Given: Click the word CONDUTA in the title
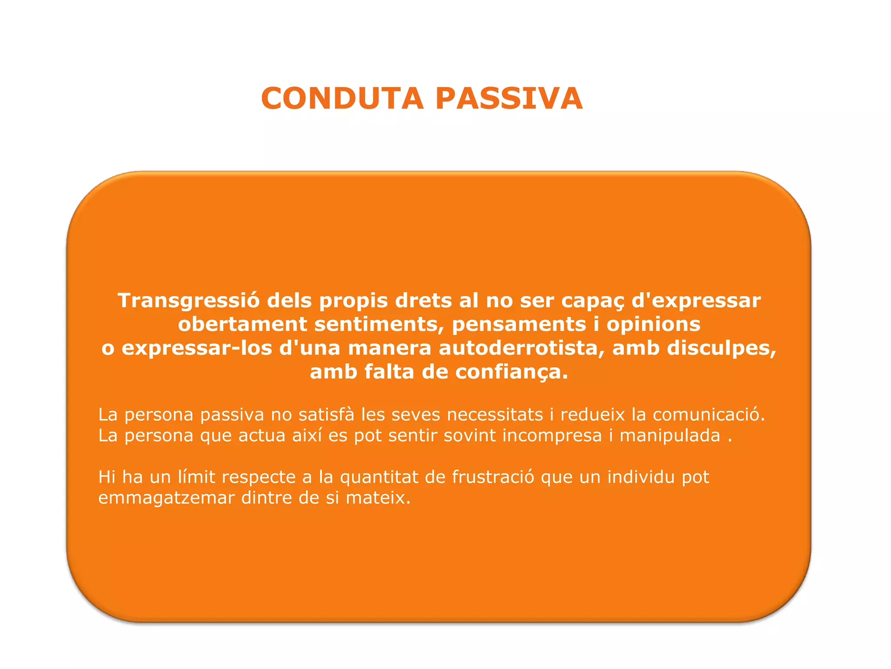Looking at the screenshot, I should (x=342, y=98).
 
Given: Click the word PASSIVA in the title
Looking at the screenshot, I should (x=509, y=98).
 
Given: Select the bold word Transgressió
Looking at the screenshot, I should (x=188, y=301).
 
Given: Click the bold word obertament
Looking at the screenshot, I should (x=243, y=324).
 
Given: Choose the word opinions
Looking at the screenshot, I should (x=653, y=324).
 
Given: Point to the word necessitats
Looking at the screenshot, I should (x=495, y=414).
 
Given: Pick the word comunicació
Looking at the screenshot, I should (x=708, y=414).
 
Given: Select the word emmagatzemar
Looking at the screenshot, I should (x=166, y=498).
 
